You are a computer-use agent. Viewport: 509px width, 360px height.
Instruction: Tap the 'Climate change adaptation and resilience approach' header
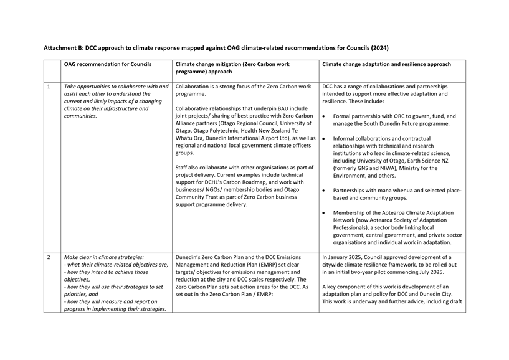[x=386, y=64]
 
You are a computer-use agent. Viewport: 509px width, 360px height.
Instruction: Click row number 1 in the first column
[x=49, y=87]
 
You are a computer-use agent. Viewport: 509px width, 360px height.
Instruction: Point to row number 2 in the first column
[x=49, y=257]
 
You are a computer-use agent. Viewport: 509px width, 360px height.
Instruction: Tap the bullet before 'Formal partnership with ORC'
[x=324, y=116]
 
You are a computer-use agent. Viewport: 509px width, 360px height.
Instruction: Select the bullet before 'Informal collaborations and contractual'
[x=324, y=138]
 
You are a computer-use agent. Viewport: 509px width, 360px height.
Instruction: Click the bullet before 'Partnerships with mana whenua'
[x=324, y=190]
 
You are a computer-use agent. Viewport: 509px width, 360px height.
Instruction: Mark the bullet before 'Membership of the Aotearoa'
[x=324, y=213]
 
